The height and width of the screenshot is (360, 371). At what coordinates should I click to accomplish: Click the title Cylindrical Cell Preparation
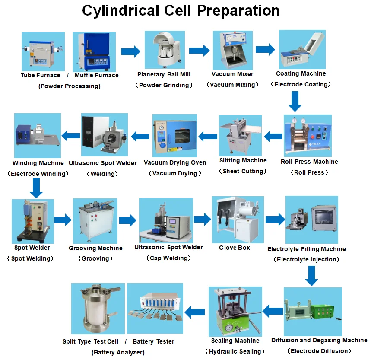coord(181,10)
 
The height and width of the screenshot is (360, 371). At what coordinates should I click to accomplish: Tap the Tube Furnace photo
coord(43,51)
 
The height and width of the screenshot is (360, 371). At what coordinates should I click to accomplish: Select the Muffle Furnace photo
coord(95,51)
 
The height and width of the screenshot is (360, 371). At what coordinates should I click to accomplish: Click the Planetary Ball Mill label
coord(164,74)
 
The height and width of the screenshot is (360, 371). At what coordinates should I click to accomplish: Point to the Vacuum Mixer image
coord(232,50)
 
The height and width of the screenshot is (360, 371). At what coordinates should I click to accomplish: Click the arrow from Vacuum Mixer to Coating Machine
coord(265,49)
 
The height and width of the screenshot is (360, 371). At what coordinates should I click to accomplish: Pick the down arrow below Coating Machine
coord(295,102)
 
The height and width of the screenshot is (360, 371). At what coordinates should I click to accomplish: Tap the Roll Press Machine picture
coord(308,135)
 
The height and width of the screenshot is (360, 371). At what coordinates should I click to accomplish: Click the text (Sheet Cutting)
coord(243,171)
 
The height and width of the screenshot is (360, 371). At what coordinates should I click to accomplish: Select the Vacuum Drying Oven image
coord(174,136)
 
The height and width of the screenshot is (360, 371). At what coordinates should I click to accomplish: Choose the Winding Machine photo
coord(37,136)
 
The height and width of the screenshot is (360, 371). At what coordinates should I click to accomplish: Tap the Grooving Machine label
coord(95,248)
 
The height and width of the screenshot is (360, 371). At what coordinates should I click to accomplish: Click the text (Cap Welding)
coord(168,258)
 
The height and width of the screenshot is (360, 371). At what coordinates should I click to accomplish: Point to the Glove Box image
coord(238,220)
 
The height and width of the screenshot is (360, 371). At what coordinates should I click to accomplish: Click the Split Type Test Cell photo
coord(98,308)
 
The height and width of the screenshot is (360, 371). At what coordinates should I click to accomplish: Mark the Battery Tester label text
coord(153,341)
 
